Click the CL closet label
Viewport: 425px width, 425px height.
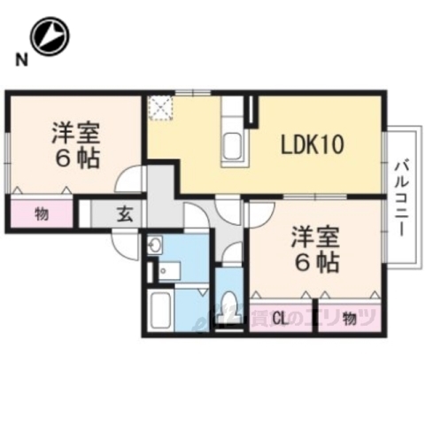[x=280, y=316]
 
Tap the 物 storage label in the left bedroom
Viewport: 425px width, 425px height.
[x=42, y=213]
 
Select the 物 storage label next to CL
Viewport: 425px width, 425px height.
[x=349, y=316]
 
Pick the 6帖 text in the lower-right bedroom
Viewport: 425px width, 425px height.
[x=316, y=262]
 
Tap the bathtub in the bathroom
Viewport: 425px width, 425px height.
[x=160, y=310]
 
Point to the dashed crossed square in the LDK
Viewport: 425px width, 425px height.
[x=160, y=107]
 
